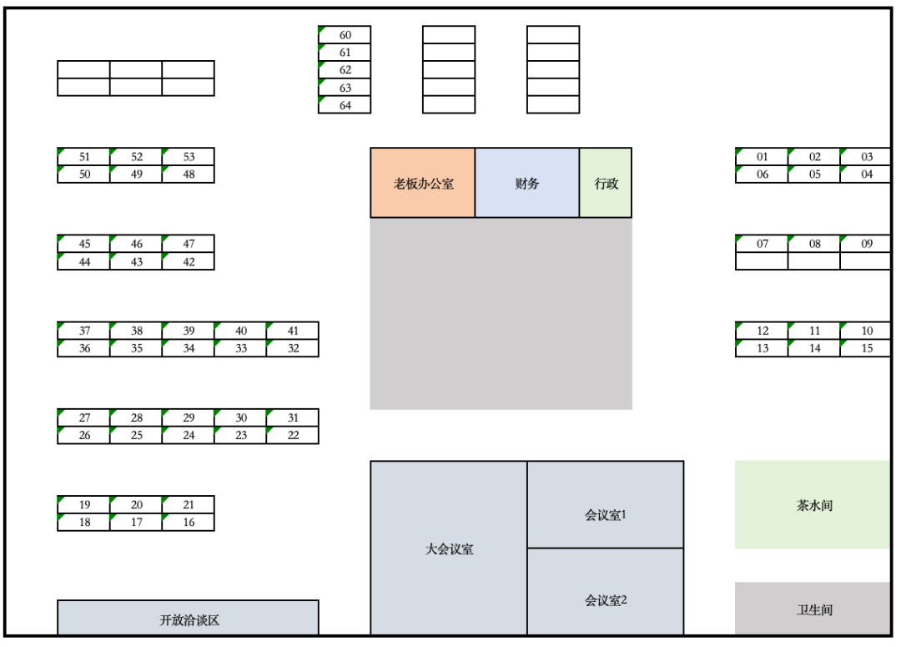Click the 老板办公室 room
pyautogui.click(x=423, y=183)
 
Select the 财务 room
pyautogui.click(x=527, y=183)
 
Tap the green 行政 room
pyautogui.click(x=606, y=183)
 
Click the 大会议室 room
pyautogui.click(x=449, y=548)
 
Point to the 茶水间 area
pyautogui.click(x=813, y=505)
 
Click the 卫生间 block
pyautogui.click(x=813, y=609)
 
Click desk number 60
pyautogui.click(x=345, y=35)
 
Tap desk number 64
pyautogui.click(x=345, y=105)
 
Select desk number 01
pyautogui.click(x=762, y=157)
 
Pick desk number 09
pyautogui.click(x=866, y=244)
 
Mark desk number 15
pyautogui.click(x=866, y=348)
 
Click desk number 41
pyautogui.click(x=293, y=331)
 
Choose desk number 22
pyautogui.click(x=293, y=435)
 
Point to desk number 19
pyautogui.click(x=84, y=505)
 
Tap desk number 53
pyautogui.click(x=189, y=157)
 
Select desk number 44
pyautogui.click(x=84, y=261)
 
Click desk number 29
pyautogui.click(x=189, y=417)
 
